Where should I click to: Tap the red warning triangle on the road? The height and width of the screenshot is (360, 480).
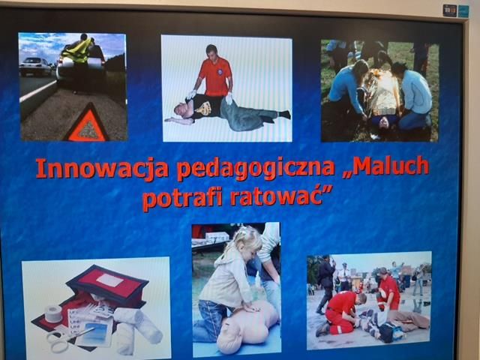point(88,124)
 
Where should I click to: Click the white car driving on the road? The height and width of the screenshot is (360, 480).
point(35,66)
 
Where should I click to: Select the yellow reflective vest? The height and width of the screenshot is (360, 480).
point(78,51)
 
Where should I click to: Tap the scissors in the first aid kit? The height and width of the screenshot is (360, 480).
point(69,338)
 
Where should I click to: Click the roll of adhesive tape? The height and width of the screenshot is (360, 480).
point(53,313)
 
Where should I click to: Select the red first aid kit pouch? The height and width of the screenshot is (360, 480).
point(107,284)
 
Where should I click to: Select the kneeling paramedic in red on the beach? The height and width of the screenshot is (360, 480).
point(340,313)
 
